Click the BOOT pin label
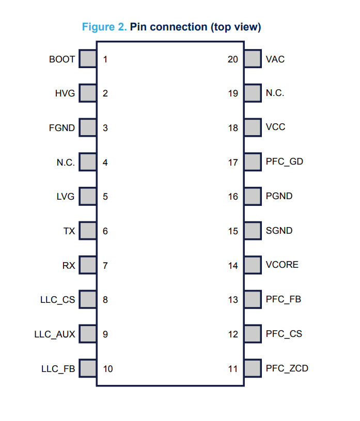(62, 59)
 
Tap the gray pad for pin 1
(88, 58)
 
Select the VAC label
(275, 59)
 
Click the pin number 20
(233, 59)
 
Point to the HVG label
(65, 93)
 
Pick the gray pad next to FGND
(88, 127)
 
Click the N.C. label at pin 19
(275, 93)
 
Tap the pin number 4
(105, 163)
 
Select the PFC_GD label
(285, 161)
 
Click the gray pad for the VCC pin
(253, 127)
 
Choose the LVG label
(65, 197)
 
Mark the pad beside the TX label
(88, 231)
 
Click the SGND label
(279, 231)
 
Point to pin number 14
(233, 266)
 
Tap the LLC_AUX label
(55, 334)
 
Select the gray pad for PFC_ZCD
(253, 368)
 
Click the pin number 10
(108, 369)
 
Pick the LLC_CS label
(57, 300)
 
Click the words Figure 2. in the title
(104, 27)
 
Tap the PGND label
(279, 196)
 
